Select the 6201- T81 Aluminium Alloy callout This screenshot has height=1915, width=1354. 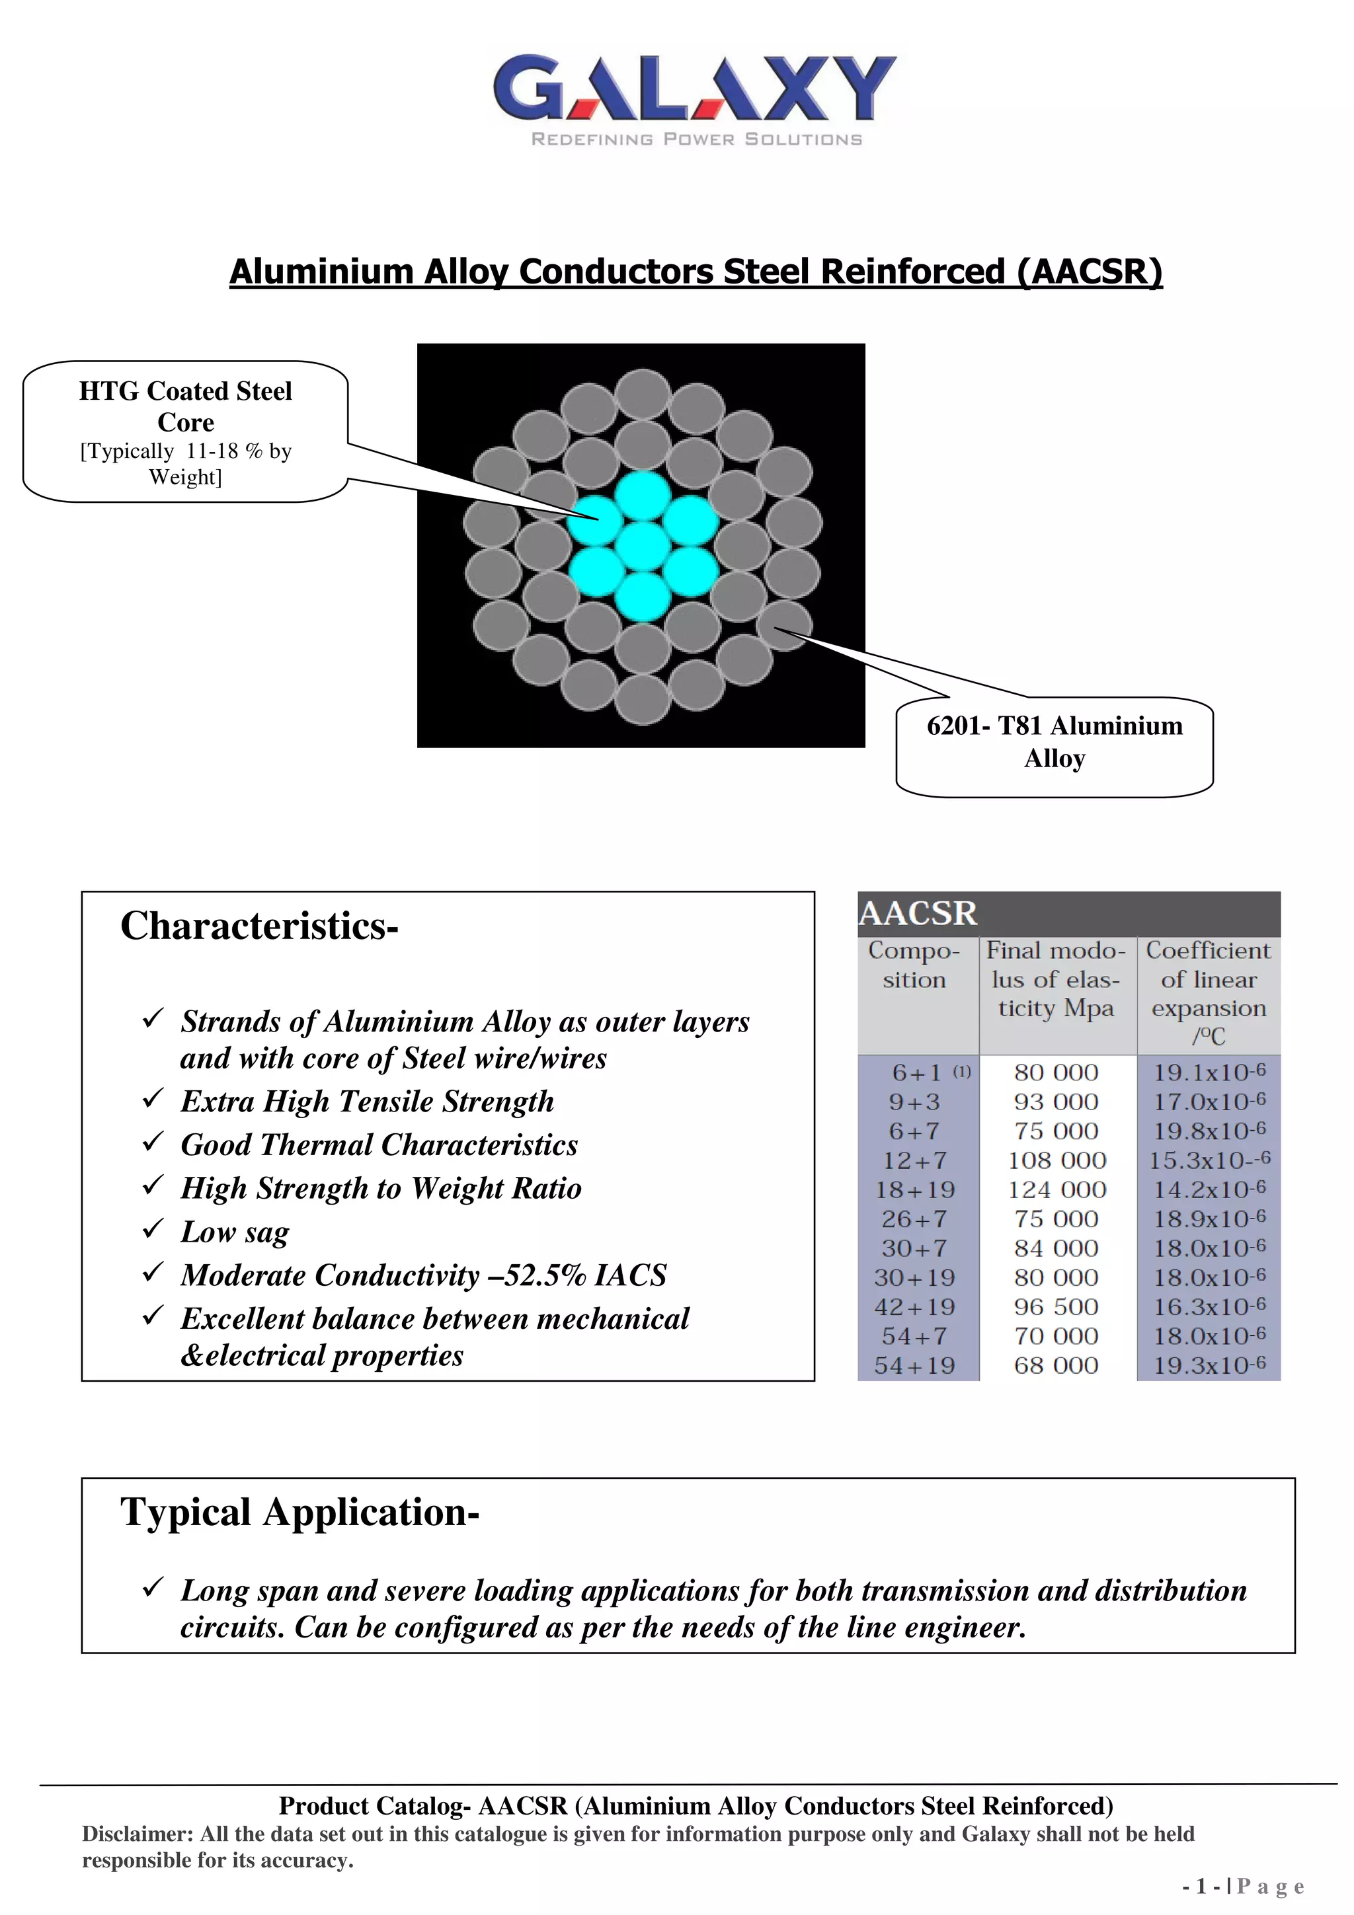click(x=1055, y=742)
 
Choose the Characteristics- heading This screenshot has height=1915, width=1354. click(x=259, y=926)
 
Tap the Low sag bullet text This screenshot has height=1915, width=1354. click(x=235, y=1232)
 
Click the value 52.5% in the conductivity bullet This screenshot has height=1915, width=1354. click(x=539, y=1275)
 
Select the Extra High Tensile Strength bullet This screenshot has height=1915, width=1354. click(x=367, y=1102)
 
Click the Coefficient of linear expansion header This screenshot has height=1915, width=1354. click(x=1208, y=993)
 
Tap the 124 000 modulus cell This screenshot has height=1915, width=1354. click(x=1056, y=1189)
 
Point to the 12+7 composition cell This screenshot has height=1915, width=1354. click(x=914, y=1160)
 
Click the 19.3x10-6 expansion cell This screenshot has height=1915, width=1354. click(x=1209, y=1365)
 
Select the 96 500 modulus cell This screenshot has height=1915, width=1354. click(x=1056, y=1307)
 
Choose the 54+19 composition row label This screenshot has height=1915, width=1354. click(x=914, y=1365)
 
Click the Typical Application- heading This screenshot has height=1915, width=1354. click(x=299, y=1512)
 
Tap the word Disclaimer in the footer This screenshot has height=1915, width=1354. click(x=137, y=1834)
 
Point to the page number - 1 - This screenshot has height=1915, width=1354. click(x=1201, y=1886)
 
